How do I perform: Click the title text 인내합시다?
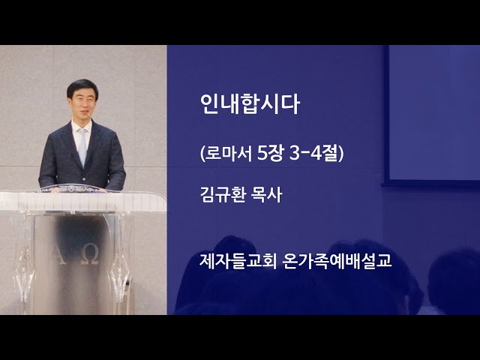250,104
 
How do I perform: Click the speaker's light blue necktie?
82,146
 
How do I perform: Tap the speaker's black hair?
82,87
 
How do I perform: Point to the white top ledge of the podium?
82,202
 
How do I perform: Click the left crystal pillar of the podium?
24,263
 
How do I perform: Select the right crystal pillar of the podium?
121,263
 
